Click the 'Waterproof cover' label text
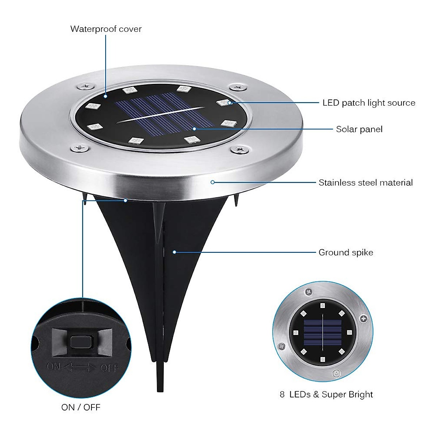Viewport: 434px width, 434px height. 106,29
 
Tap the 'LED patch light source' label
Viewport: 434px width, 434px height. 369,103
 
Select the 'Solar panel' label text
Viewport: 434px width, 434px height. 359,129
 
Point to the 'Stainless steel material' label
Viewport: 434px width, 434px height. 365,183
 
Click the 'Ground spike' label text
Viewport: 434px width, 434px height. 345,252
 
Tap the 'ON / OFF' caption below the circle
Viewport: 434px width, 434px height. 81,407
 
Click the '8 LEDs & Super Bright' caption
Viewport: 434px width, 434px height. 326,394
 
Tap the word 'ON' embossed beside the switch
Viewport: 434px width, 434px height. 54,366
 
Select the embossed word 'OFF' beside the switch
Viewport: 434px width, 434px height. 109,368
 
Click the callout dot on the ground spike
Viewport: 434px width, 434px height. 174,252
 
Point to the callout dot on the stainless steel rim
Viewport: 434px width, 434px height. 213,182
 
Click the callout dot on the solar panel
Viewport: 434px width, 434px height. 194,128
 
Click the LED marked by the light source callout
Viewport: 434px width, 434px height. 225,103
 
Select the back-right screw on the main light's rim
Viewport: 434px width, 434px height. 237,87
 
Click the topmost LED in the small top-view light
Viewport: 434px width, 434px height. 323,306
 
